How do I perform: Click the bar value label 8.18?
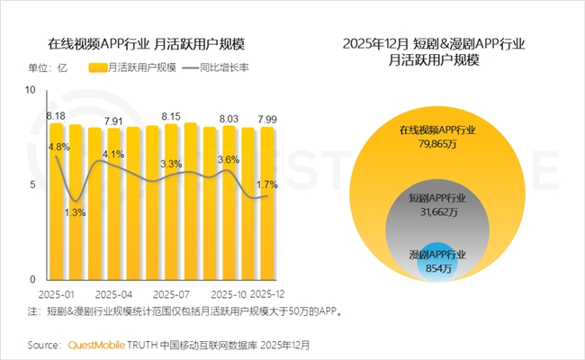click(56, 116)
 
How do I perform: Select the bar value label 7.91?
click(113, 121)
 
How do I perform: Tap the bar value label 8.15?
click(171, 116)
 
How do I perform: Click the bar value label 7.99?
click(267, 119)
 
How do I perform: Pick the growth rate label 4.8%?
click(59, 147)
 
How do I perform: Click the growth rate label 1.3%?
click(76, 212)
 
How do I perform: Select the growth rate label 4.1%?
click(113, 155)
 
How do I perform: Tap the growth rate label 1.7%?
click(267, 184)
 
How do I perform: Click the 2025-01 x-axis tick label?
click(57, 294)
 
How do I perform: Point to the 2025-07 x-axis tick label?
click(172, 294)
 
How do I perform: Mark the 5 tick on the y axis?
click(32, 185)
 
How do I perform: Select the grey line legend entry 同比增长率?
click(215, 67)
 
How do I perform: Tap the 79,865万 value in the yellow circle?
click(438, 144)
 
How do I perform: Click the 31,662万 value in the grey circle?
click(438, 213)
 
